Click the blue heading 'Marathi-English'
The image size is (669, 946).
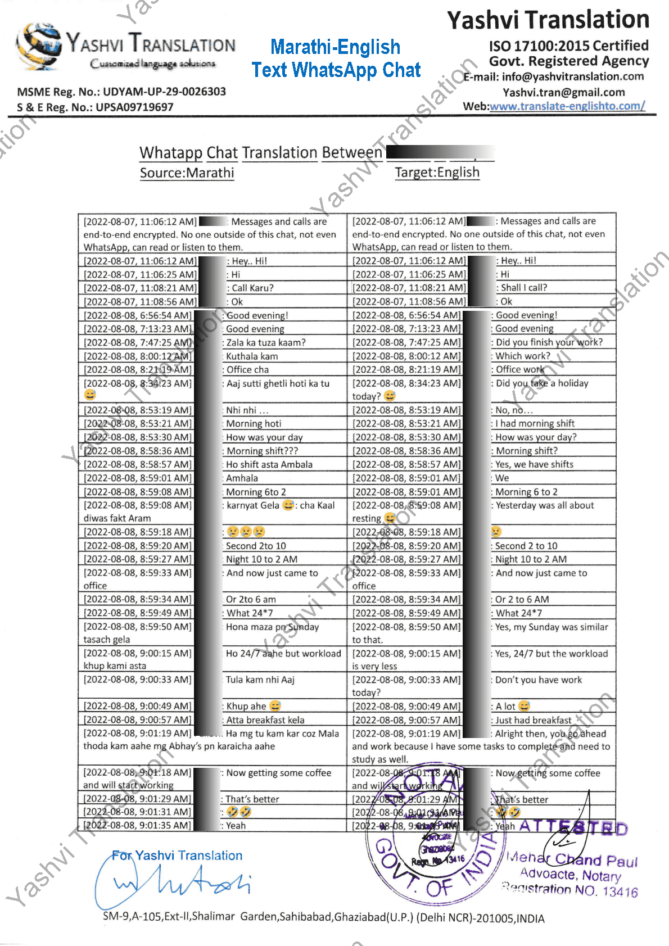coord(335,47)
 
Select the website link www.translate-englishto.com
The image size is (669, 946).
coord(567,106)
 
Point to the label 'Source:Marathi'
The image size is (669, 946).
coord(187,173)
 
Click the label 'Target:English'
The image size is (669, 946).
coord(437,173)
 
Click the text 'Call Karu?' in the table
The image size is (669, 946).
coord(252,288)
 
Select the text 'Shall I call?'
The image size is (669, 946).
coord(523,288)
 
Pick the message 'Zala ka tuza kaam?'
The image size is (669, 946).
coord(265,342)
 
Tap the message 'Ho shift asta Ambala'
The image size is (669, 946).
coord(269,464)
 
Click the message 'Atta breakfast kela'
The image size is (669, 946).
coord(265,719)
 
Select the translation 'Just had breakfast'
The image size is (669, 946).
coord(532,720)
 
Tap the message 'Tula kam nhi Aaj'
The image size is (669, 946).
coord(260,680)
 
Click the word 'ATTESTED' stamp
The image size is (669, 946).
coord(573,827)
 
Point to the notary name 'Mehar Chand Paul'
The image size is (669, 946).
coord(572,859)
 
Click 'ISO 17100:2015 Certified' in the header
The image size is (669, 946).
coord(568,46)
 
